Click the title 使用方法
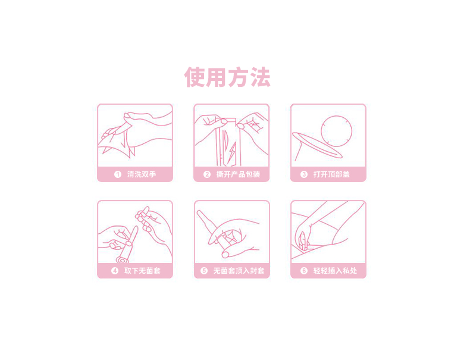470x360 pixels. pyautogui.click(x=227, y=77)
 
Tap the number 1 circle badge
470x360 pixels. pyautogui.click(x=118, y=174)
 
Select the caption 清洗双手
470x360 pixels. pyautogui.click(x=142, y=174)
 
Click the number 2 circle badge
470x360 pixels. pyautogui.click(x=207, y=174)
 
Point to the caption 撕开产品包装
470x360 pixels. pyautogui.click(x=239, y=174)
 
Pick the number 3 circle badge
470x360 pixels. pyautogui.click(x=304, y=174)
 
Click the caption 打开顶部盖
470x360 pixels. pyautogui.click(x=331, y=174)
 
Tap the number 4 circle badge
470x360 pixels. pyautogui.click(x=115, y=271)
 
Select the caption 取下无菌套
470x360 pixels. pyautogui.click(x=142, y=271)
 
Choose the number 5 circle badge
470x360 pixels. pyautogui.click(x=204, y=271)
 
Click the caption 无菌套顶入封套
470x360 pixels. pyautogui.click(x=239, y=271)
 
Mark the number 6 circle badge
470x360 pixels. pyautogui.click(x=304, y=271)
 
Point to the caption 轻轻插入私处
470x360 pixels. pyautogui.click(x=335, y=271)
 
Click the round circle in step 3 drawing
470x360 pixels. pyautogui.click(x=336, y=116)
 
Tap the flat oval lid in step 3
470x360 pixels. pyautogui.click(x=317, y=145)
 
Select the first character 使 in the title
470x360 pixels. pyautogui.click(x=195, y=77)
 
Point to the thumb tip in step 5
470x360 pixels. pyautogui.click(x=225, y=255)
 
